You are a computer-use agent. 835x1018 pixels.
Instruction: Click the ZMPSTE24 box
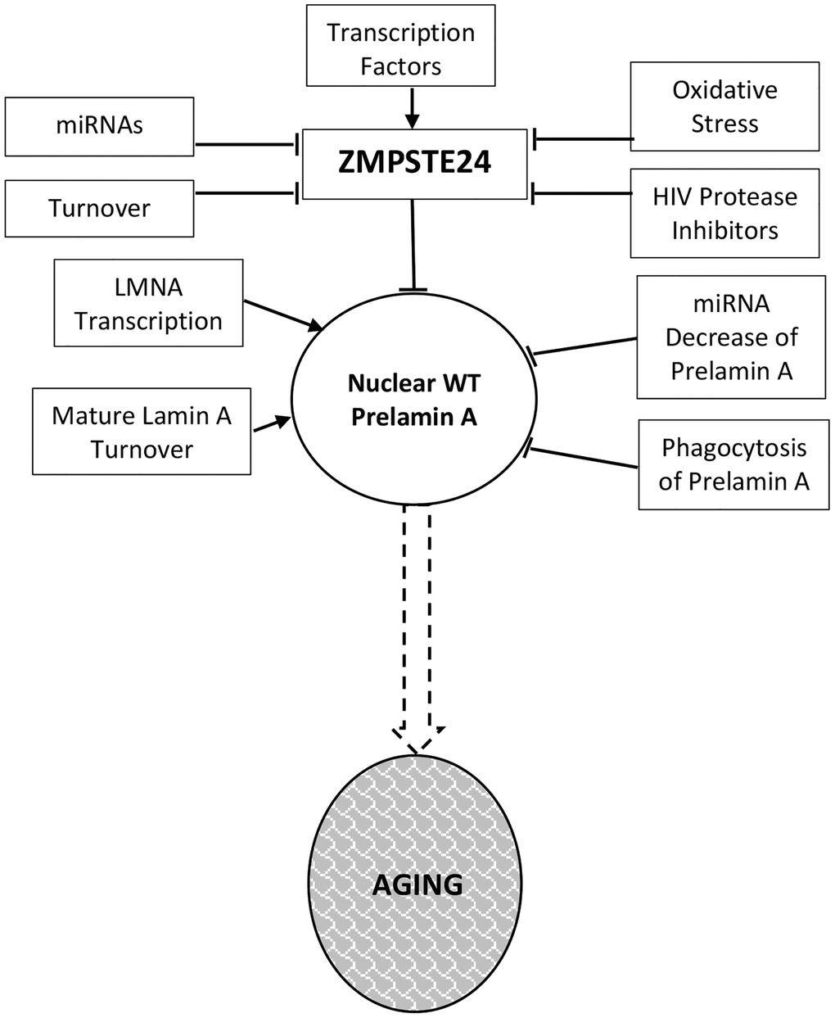tap(414, 164)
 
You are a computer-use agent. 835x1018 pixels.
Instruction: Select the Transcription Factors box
tap(401, 49)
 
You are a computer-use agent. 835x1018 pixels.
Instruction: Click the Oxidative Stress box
tap(724, 107)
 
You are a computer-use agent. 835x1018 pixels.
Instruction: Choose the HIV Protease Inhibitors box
tap(724, 213)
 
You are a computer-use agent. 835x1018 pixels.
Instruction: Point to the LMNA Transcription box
tap(149, 304)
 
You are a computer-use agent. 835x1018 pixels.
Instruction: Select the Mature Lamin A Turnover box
tap(142, 432)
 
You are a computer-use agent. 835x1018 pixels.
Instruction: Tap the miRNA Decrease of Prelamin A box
tap(731, 337)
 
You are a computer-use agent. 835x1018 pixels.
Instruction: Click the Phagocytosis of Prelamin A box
tap(734, 464)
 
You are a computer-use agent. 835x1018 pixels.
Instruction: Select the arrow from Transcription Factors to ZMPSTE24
tap(413, 107)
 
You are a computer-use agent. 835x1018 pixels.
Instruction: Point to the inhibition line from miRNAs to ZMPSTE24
tap(246, 146)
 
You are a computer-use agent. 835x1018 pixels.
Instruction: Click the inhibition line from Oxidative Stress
tap(583, 138)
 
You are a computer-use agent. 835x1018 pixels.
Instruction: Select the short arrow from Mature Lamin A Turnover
tap(270, 423)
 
